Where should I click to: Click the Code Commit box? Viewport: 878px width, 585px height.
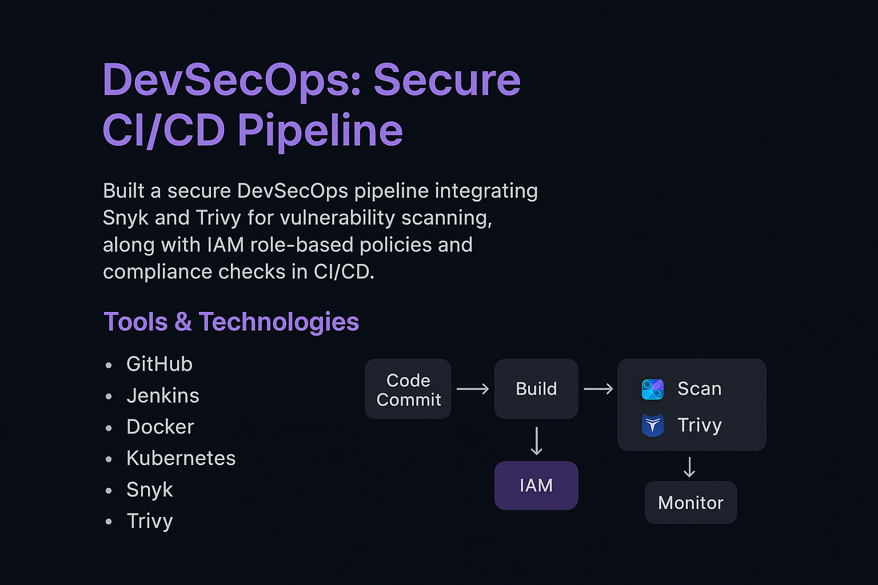(408, 389)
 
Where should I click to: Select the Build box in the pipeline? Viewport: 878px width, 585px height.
(536, 389)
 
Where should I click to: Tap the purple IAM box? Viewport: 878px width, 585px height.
(536, 486)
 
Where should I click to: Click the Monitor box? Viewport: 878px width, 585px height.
(691, 503)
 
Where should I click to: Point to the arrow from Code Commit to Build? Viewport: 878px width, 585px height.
(473, 389)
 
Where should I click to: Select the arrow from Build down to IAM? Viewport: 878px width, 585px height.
(536, 440)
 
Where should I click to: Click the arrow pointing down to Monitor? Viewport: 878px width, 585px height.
(689, 467)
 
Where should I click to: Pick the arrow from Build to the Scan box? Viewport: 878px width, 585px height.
(598, 389)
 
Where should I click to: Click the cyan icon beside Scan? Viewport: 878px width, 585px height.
(653, 389)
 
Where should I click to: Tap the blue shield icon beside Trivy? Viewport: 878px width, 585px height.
(653, 425)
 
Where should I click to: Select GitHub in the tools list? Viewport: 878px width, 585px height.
(159, 364)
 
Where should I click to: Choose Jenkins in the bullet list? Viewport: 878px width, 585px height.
(162, 395)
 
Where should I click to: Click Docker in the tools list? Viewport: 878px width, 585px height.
(160, 427)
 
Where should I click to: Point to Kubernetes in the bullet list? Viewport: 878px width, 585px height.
(181, 458)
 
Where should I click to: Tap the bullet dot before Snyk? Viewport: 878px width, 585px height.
(109, 490)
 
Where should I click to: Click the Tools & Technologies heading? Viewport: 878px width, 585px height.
(231, 322)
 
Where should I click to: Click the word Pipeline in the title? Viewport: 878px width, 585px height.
(320, 130)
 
